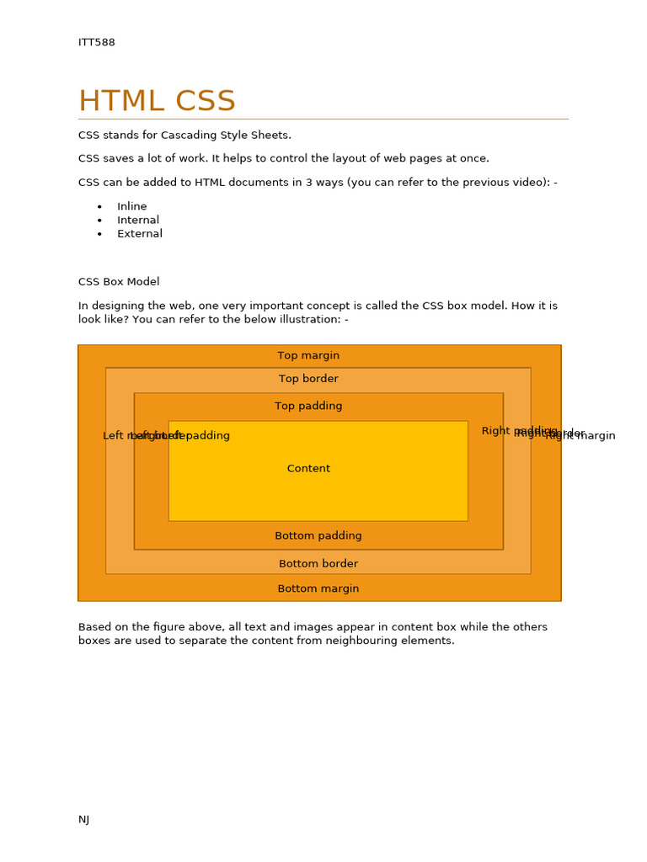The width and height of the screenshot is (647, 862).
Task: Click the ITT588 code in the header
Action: (x=97, y=43)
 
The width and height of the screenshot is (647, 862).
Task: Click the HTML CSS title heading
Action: (x=157, y=102)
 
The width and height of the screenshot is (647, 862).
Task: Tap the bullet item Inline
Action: (x=132, y=206)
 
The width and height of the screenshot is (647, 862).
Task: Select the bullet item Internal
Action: (x=138, y=221)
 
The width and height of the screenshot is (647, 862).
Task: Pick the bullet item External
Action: (x=140, y=234)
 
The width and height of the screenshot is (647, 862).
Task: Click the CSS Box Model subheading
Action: (x=119, y=282)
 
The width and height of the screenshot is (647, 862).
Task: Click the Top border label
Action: (x=308, y=380)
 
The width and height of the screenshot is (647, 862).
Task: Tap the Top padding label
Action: (x=308, y=407)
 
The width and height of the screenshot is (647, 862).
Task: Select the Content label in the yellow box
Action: (x=308, y=469)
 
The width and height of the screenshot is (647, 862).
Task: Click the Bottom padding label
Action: (x=318, y=536)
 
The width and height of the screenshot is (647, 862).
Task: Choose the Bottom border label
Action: (x=318, y=564)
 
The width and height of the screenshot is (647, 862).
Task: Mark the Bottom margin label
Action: (x=318, y=589)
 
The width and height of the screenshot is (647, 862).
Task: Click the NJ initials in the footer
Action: (x=84, y=820)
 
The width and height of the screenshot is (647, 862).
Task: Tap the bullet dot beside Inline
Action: (x=99, y=207)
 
